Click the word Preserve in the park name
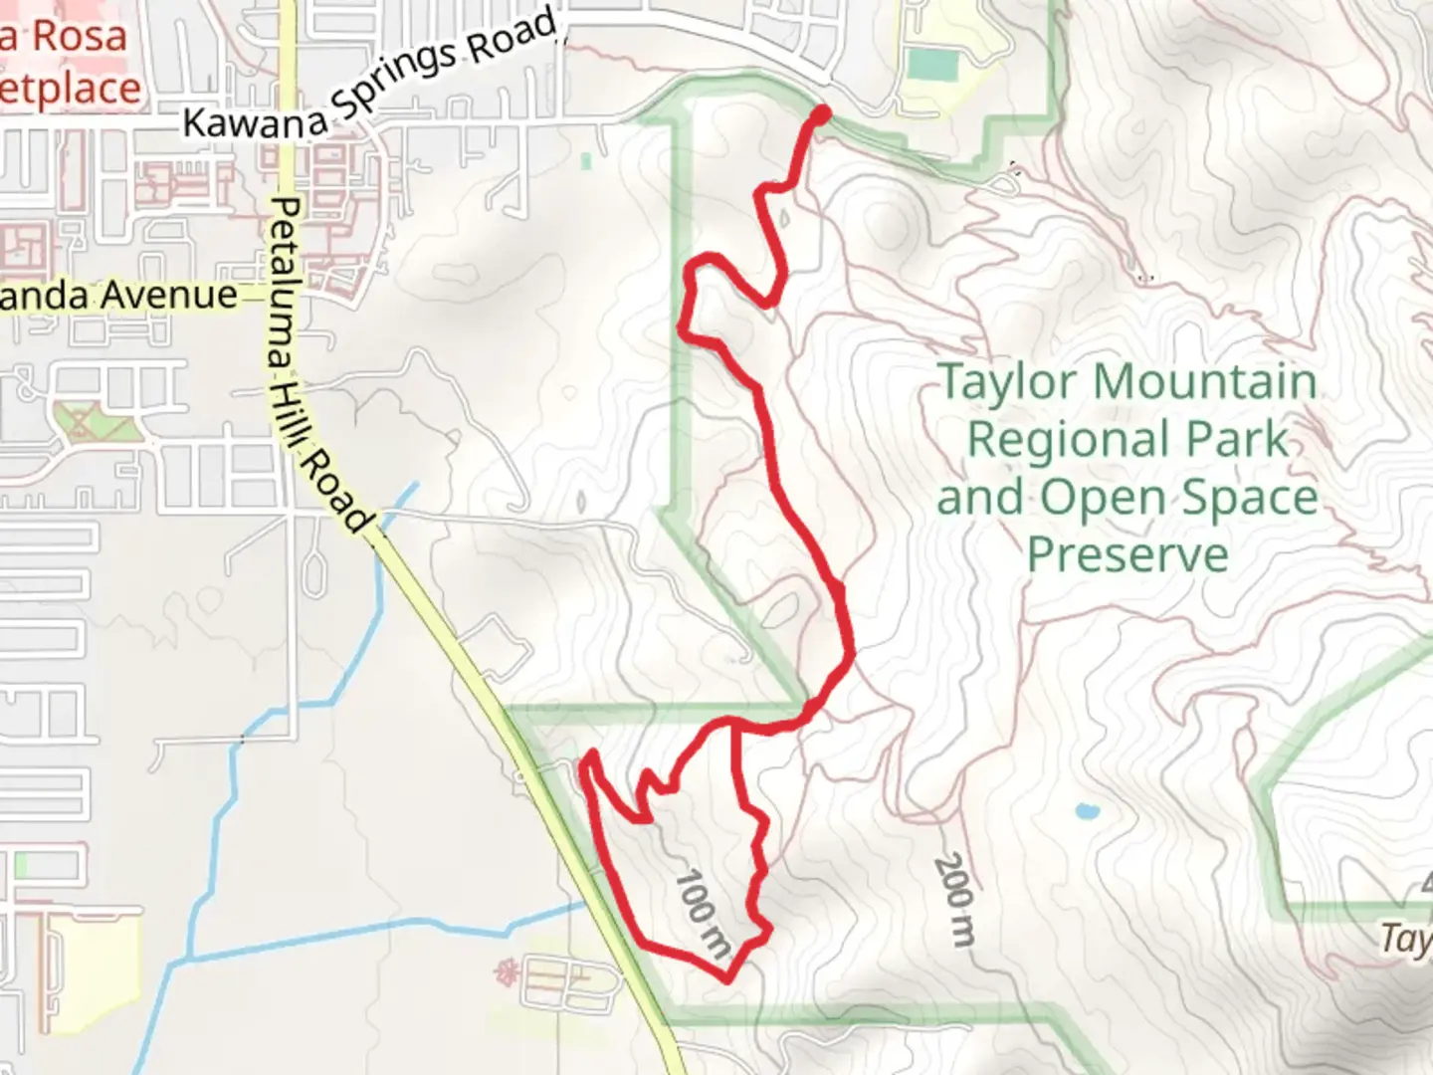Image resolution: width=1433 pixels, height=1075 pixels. (1127, 553)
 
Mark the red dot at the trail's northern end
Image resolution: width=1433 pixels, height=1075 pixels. (822, 114)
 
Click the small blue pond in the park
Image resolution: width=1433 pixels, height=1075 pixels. (1086, 810)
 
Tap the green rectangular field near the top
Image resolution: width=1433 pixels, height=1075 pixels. (932, 66)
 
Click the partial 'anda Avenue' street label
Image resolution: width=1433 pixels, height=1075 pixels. (119, 296)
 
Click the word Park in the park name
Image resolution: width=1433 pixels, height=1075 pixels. (1245, 439)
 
